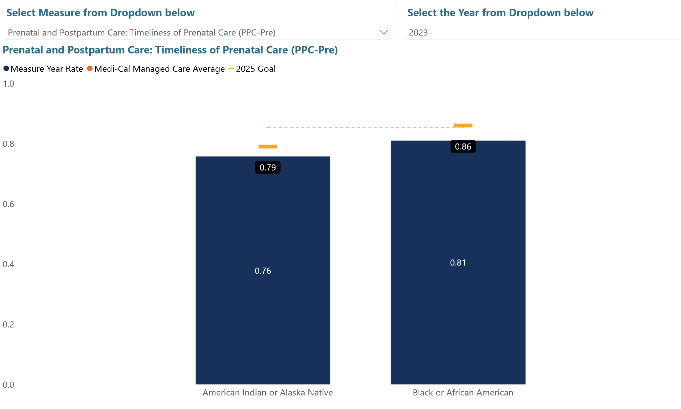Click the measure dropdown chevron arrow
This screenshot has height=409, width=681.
tap(383, 32)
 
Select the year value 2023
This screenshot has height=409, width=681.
tap(418, 32)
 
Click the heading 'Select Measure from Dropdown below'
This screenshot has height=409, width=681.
tap(100, 13)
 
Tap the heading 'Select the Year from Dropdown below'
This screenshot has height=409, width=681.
tap(500, 13)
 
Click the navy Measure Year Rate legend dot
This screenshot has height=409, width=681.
tap(6, 69)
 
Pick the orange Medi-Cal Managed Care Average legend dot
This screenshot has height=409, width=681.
tap(90, 69)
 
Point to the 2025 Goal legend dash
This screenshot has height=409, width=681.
tap(232, 69)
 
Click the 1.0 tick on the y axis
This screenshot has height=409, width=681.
tap(8, 84)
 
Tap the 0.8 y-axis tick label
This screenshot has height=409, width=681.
tap(8, 144)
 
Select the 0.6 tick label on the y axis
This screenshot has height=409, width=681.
tap(8, 204)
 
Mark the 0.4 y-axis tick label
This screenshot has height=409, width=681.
tap(8, 265)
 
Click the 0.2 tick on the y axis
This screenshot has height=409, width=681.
tap(8, 325)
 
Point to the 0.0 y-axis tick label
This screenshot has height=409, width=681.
tap(8, 385)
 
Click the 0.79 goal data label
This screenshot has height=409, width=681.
tap(268, 167)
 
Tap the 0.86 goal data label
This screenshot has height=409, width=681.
tap(463, 146)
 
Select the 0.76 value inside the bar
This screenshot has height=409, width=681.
tap(263, 271)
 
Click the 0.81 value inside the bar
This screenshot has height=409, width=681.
tap(458, 263)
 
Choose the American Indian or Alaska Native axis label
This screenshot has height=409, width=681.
tap(268, 392)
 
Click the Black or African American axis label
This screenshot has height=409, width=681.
tap(463, 392)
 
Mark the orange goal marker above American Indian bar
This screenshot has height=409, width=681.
tap(268, 146)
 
